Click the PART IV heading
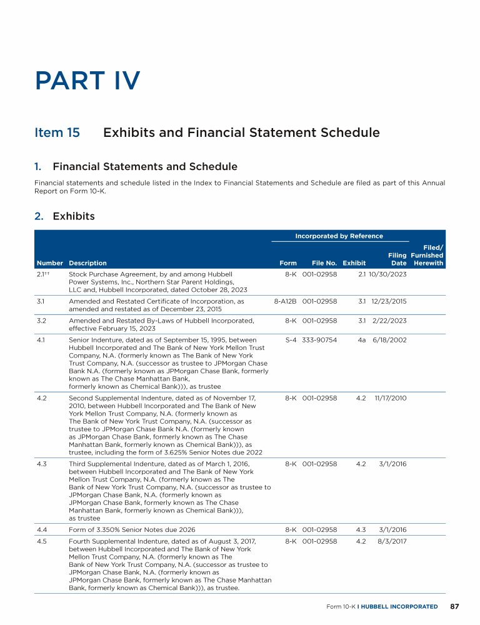pyautogui.click(x=88, y=81)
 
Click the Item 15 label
pyautogui.click(x=57, y=132)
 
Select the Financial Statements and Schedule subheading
pyautogui.click(x=145, y=166)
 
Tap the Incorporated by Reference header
pyautogui.click(x=339, y=236)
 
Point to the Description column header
pyautogui.click(x=87, y=263)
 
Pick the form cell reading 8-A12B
pyautogui.click(x=286, y=301)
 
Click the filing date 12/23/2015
pyautogui.click(x=389, y=301)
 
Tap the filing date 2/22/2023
pyautogui.click(x=389, y=321)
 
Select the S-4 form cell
pyautogui.click(x=289, y=340)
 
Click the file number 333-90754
pyautogui.click(x=320, y=340)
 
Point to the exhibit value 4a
pyautogui.click(x=361, y=340)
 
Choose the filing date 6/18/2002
pyautogui.click(x=389, y=340)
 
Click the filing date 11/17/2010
pyautogui.click(x=389, y=397)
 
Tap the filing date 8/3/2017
pyautogui.click(x=392, y=541)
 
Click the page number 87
pyautogui.click(x=454, y=606)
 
